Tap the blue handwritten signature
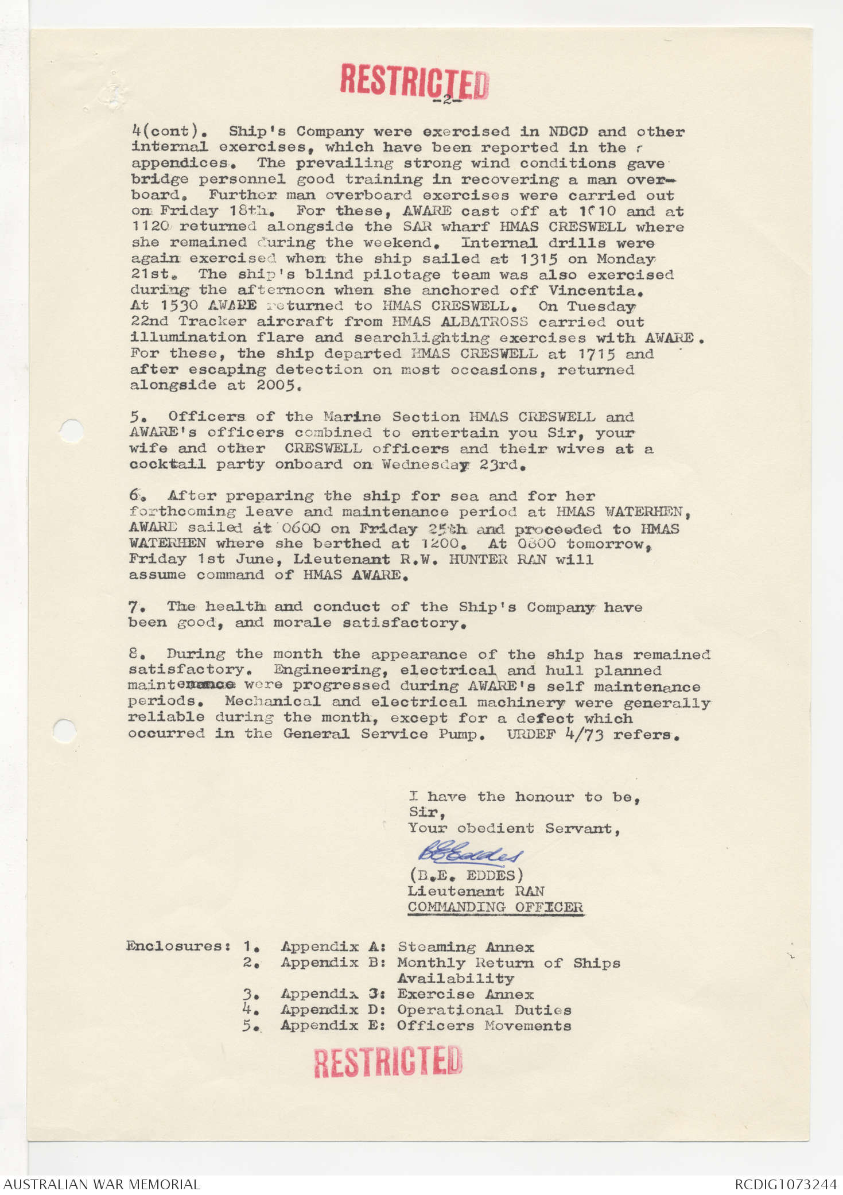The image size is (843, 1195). [x=470, y=853]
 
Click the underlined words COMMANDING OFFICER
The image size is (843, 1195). [x=495, y=907]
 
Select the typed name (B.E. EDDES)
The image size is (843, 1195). [x=465, y=875]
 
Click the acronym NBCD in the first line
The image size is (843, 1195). [x=568, y=131]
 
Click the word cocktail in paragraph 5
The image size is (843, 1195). [x=167, y=464]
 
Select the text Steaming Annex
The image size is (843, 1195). [x=465, y=946]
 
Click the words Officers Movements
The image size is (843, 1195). [x=484, y=1026]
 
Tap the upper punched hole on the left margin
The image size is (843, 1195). [x=71, y=430]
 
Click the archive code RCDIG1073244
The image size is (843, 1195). [x=785, y=1184]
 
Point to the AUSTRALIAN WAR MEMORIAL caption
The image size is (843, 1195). [x=102, y=1184]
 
